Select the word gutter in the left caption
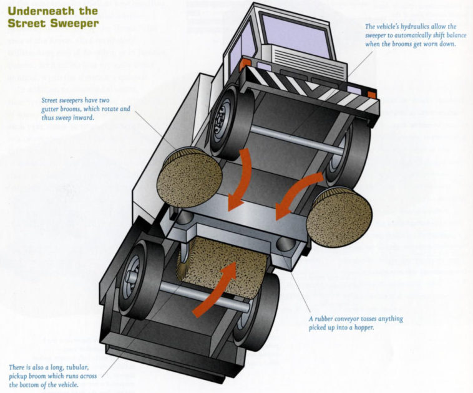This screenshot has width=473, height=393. point(54,109)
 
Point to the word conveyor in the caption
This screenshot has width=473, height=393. point(354,319)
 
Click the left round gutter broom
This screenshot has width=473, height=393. point(188,178)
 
